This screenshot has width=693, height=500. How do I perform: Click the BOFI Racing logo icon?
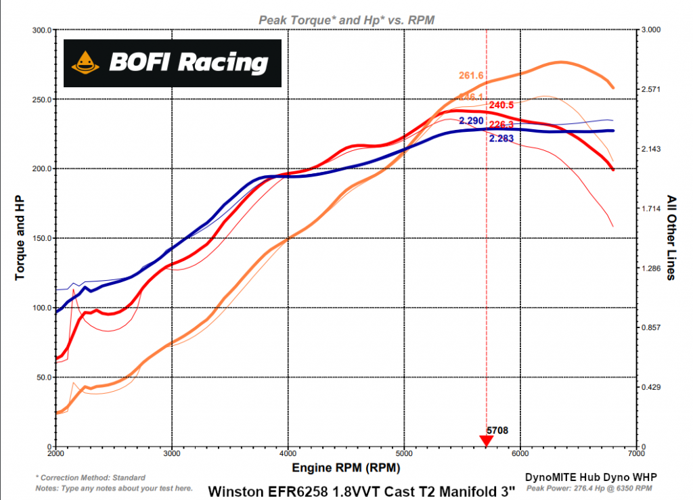click(85, 64)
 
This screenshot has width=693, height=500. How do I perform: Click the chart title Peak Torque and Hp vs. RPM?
click(346, 20)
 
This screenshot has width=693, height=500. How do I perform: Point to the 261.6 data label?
click(471, 76)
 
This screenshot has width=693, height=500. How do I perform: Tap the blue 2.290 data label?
click(471, 120)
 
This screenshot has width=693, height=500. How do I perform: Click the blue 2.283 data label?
click(501, 138)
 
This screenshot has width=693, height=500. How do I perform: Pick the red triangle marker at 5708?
click(486, 441)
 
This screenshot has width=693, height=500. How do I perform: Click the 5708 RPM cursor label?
click(497, 430)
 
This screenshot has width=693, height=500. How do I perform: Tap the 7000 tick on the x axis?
click(635, 454)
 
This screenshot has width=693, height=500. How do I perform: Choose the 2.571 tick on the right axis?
click(652, 89)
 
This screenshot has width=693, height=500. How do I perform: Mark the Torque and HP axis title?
click(20, 238)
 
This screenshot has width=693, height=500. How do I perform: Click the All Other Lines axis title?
click(671, 238)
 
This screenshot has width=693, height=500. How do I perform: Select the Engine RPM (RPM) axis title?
click(345, 468)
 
